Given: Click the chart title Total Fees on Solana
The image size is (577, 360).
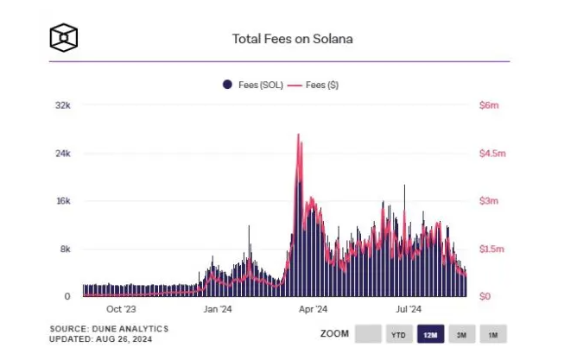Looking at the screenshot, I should click(293, 39).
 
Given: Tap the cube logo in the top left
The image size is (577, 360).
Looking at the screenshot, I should click(64, 38).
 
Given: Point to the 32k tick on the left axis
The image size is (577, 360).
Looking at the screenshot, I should click(62, 105).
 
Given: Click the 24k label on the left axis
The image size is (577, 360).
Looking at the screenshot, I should click(62, 154).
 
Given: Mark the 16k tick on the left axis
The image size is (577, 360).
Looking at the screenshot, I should click(62, 201).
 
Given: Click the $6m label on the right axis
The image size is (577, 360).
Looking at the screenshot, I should click(489, 105).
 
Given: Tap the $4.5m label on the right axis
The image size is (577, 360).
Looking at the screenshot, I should click(492, 154).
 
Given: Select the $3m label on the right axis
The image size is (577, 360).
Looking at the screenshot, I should click(489, 201).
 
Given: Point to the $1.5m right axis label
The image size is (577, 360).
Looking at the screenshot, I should click(492, 249).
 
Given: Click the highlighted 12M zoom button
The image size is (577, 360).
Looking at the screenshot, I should click(429, 334).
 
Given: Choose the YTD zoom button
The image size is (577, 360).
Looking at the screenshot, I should click(398, 334).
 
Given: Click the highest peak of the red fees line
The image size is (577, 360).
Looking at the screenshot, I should click(298, 135).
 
